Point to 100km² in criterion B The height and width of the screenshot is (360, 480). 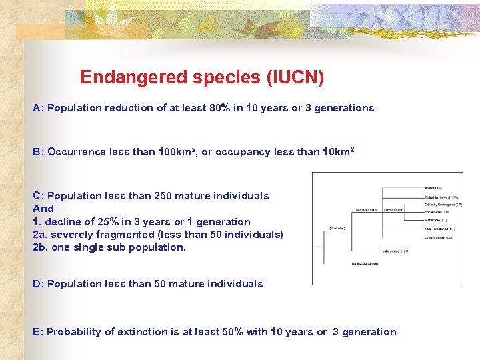[x=176, y=151]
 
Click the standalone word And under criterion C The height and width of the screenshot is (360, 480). [x=43, y=209]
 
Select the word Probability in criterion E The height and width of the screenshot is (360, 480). [x=73, y=332]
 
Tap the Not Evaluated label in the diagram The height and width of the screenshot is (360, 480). [x=365, y=264]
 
